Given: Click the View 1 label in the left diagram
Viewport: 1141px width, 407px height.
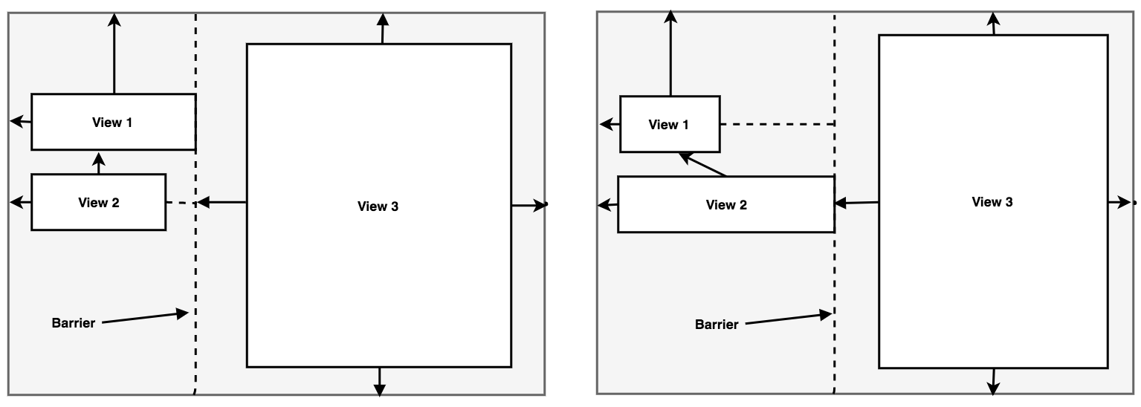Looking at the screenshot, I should [x=112, y=123].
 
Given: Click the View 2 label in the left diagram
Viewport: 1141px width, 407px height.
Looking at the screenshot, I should [x=98, y=202].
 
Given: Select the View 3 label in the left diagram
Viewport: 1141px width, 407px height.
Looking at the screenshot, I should [x=378, y=206].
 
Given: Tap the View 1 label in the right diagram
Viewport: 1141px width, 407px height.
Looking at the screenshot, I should [x=668, y=125].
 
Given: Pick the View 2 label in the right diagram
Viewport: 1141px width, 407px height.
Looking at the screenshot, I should [x=726, y=205].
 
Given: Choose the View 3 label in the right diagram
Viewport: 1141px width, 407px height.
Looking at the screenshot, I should [x=992, y=202].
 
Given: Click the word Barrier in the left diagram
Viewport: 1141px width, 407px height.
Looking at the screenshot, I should [x=73, y=323].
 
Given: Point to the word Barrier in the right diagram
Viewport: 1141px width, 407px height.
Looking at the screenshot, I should [x=717, y=325].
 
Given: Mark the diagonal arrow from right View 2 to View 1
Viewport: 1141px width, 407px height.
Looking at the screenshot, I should [x=702, y=165].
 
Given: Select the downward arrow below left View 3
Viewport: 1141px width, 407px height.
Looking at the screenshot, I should [x=380, y=381].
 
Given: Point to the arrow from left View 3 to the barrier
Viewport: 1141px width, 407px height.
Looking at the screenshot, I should [x=222, y=202].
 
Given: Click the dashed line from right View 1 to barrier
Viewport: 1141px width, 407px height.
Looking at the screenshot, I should [x=777, y=124].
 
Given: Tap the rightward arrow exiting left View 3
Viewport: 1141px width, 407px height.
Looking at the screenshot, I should [x=529, y=204].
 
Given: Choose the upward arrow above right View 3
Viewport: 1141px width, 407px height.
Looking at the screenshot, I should [x=994, y=23].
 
